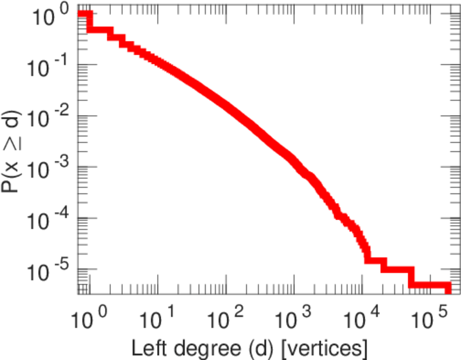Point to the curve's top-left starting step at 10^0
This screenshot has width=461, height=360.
pos(84,15)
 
